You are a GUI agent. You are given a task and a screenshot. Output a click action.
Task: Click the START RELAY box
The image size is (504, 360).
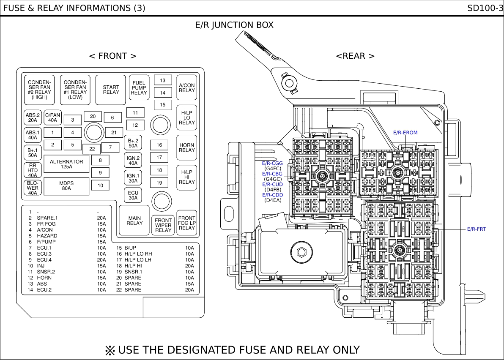pos(111,90)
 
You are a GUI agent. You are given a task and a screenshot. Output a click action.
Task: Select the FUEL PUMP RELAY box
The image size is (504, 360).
pos(139,87)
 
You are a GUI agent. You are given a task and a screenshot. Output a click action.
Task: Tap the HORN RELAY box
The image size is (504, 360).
pos(187,147)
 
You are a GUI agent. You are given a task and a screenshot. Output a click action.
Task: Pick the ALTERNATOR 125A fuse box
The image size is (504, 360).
pos(66,164)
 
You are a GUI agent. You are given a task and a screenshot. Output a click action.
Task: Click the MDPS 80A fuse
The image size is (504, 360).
pos(66,186)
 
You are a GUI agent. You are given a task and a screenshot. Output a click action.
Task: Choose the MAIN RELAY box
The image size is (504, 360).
pos(134,221)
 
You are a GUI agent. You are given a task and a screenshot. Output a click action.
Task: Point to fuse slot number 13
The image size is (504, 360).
pos(163,80)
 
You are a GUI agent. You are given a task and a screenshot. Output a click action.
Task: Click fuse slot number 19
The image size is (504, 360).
pos(159,183)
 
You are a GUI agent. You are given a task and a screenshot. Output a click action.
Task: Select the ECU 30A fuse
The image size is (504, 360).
pos(133,195)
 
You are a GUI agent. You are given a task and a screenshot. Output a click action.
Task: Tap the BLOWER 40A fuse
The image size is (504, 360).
pos(33,188)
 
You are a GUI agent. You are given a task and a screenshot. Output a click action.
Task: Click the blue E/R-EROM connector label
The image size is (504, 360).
pos(405,133)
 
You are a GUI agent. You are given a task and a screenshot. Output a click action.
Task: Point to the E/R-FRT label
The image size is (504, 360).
pos(477,229)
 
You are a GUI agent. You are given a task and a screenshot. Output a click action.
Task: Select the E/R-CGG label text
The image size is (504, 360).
pos(272,163)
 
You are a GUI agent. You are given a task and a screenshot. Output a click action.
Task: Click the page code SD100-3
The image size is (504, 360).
pos(485,8)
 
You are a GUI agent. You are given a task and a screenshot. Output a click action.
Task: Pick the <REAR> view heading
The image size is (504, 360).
pos(355,56)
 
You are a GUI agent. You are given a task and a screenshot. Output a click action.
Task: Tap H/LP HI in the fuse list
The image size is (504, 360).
pos(133,266)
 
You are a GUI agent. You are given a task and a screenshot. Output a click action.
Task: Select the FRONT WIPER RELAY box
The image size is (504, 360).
pos(163,225)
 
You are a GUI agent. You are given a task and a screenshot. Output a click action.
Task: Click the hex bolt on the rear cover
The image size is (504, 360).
pos(301,252)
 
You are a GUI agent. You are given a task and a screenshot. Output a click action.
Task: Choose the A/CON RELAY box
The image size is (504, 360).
pos(187,87)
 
